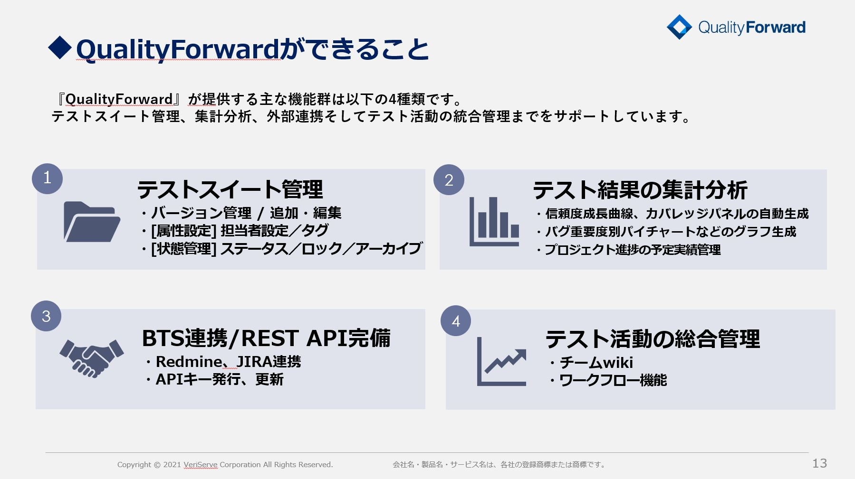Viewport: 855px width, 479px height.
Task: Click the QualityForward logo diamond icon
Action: tap(679, 27)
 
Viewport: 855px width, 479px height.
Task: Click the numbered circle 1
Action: tap(47, 178)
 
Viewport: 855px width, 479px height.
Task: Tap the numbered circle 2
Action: tap(449, 180)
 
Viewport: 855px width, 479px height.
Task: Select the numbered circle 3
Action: tap(46, 316)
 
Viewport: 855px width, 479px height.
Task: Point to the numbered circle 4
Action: tap(456, 321)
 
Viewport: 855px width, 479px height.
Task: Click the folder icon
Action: tap(92, 222)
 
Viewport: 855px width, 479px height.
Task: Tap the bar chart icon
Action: tap(494, 222)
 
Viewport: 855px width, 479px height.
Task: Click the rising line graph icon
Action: tap(501, 361)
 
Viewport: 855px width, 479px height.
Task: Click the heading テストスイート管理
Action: tap(230, 189)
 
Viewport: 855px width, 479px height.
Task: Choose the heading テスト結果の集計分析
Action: tap(640, 190)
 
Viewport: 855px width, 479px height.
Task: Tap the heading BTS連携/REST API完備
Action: tap(266, 338)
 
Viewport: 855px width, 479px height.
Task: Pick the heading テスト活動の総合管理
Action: tap(653, 339)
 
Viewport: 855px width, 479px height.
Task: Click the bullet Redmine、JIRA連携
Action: tap(222, 362)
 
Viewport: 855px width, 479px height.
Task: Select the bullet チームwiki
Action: tap(591, 363)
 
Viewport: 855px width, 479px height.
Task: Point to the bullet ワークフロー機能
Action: tap(608, 380)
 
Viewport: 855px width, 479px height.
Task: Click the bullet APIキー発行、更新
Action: tap(214, 379)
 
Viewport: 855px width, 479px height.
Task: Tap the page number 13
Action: tap(820, 463)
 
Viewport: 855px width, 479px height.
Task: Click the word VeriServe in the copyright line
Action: tap(200, 465)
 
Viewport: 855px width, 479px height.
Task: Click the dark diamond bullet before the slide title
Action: tap(60, 48)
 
